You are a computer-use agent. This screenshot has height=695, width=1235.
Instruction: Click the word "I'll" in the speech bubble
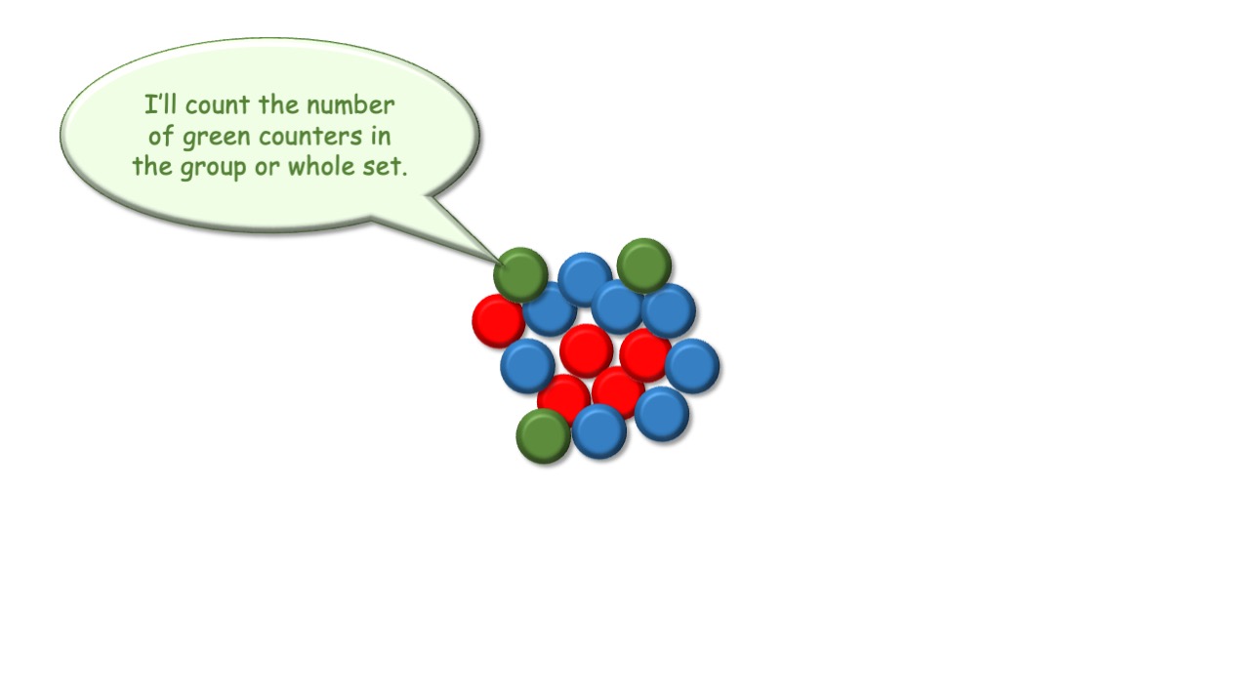coord(160,104)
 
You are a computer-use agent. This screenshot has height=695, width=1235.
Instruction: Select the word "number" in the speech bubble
coord(350,104)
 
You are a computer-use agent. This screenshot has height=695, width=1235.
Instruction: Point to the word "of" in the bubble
coord(161,136)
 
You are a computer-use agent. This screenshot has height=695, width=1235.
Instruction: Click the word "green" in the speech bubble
coord(217,138)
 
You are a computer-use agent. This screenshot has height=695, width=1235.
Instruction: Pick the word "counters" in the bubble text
coord(310,137)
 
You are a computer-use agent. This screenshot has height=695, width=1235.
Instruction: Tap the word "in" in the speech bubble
coord(381,136)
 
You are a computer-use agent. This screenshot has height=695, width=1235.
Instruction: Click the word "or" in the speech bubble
coord(267,168)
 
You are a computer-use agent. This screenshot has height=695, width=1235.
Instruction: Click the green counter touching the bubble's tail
coord(520,274)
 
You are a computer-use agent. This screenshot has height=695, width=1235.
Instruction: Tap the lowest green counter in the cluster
coord(543,435)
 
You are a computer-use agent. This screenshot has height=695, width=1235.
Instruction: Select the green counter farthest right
coord(644,266)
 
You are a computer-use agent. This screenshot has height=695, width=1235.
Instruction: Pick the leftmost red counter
coord(498,320)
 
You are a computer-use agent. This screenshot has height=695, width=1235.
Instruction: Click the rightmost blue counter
coord(692,366)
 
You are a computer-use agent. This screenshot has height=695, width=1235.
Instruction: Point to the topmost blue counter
coord(585,279)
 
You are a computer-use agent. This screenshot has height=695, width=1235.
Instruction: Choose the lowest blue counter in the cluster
coord(599,431)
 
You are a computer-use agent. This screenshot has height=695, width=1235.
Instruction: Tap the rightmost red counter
coord(644,354)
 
